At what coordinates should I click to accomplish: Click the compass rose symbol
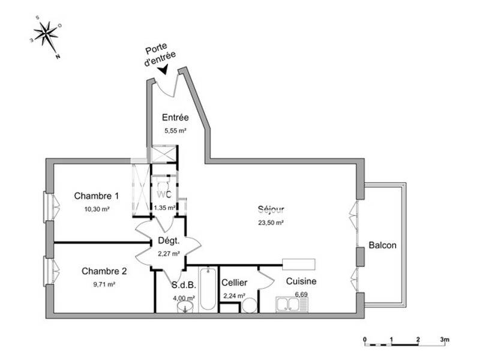click(x=47, y=35)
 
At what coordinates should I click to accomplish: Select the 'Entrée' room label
click(x=176, y=118)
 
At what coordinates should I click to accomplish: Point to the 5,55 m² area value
click(x=176, y=130)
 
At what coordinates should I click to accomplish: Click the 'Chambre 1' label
click(x=96, y=196)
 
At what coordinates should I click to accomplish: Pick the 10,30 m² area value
click(x=96, y=209)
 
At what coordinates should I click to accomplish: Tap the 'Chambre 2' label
click(x=104, y=271)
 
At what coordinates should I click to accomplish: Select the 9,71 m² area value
click(x=103, y=284)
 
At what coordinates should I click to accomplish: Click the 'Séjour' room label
click(x=271, y=209)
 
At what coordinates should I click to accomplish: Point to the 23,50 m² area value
click(x=271, y=222)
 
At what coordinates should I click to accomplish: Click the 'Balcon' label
click(x=383, y=245)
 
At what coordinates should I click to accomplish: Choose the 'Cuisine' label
click(x=301, y=281)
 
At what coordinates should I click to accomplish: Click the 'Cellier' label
click(x=234, y=283)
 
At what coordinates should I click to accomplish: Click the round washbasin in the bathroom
click(x=185, y=308)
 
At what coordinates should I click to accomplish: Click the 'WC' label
click(x=164, y=195)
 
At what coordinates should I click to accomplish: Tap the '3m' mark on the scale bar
click(x=444, y=340)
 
